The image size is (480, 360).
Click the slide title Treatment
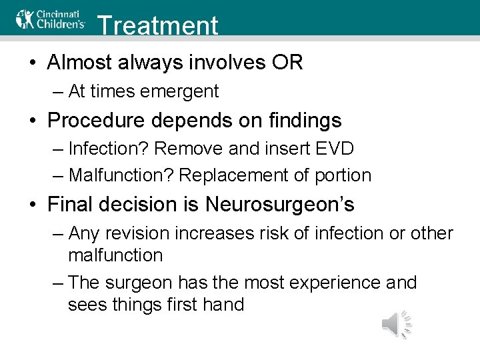(x=157, y=25)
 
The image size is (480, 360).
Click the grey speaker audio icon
(x=396, y=325)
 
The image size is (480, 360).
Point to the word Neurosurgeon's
(x=280, y=204)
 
